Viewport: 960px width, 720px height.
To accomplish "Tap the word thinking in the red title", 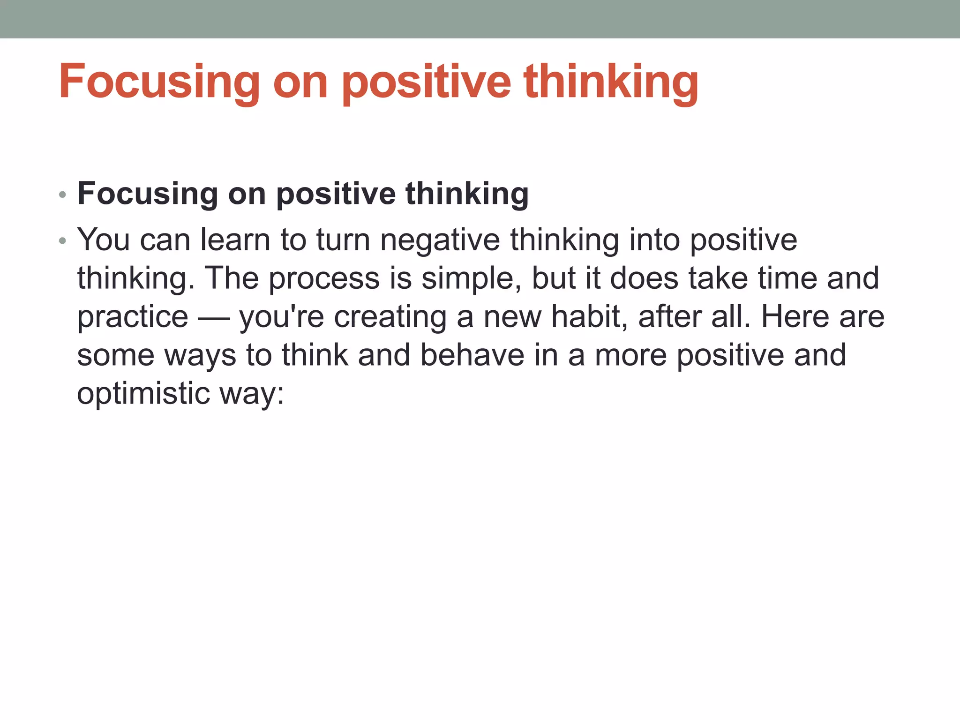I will click(611, 82).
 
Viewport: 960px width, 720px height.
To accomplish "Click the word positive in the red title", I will click(426, 82).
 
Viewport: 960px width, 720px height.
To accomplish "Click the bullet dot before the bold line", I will click(63, 195).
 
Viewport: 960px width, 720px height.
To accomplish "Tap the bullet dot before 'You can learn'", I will click(63, 241).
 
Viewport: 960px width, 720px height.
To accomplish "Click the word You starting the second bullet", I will click(104, 240).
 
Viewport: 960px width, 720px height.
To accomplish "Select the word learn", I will click(235, 240).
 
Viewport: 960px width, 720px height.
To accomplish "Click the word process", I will click(324, 279).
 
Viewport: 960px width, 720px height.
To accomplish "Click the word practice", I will click(133, 317).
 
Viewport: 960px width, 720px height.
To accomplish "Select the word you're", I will click(282, 317).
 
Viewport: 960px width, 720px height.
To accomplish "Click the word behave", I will click(472, 355).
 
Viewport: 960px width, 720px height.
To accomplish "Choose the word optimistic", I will click(143, 393).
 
